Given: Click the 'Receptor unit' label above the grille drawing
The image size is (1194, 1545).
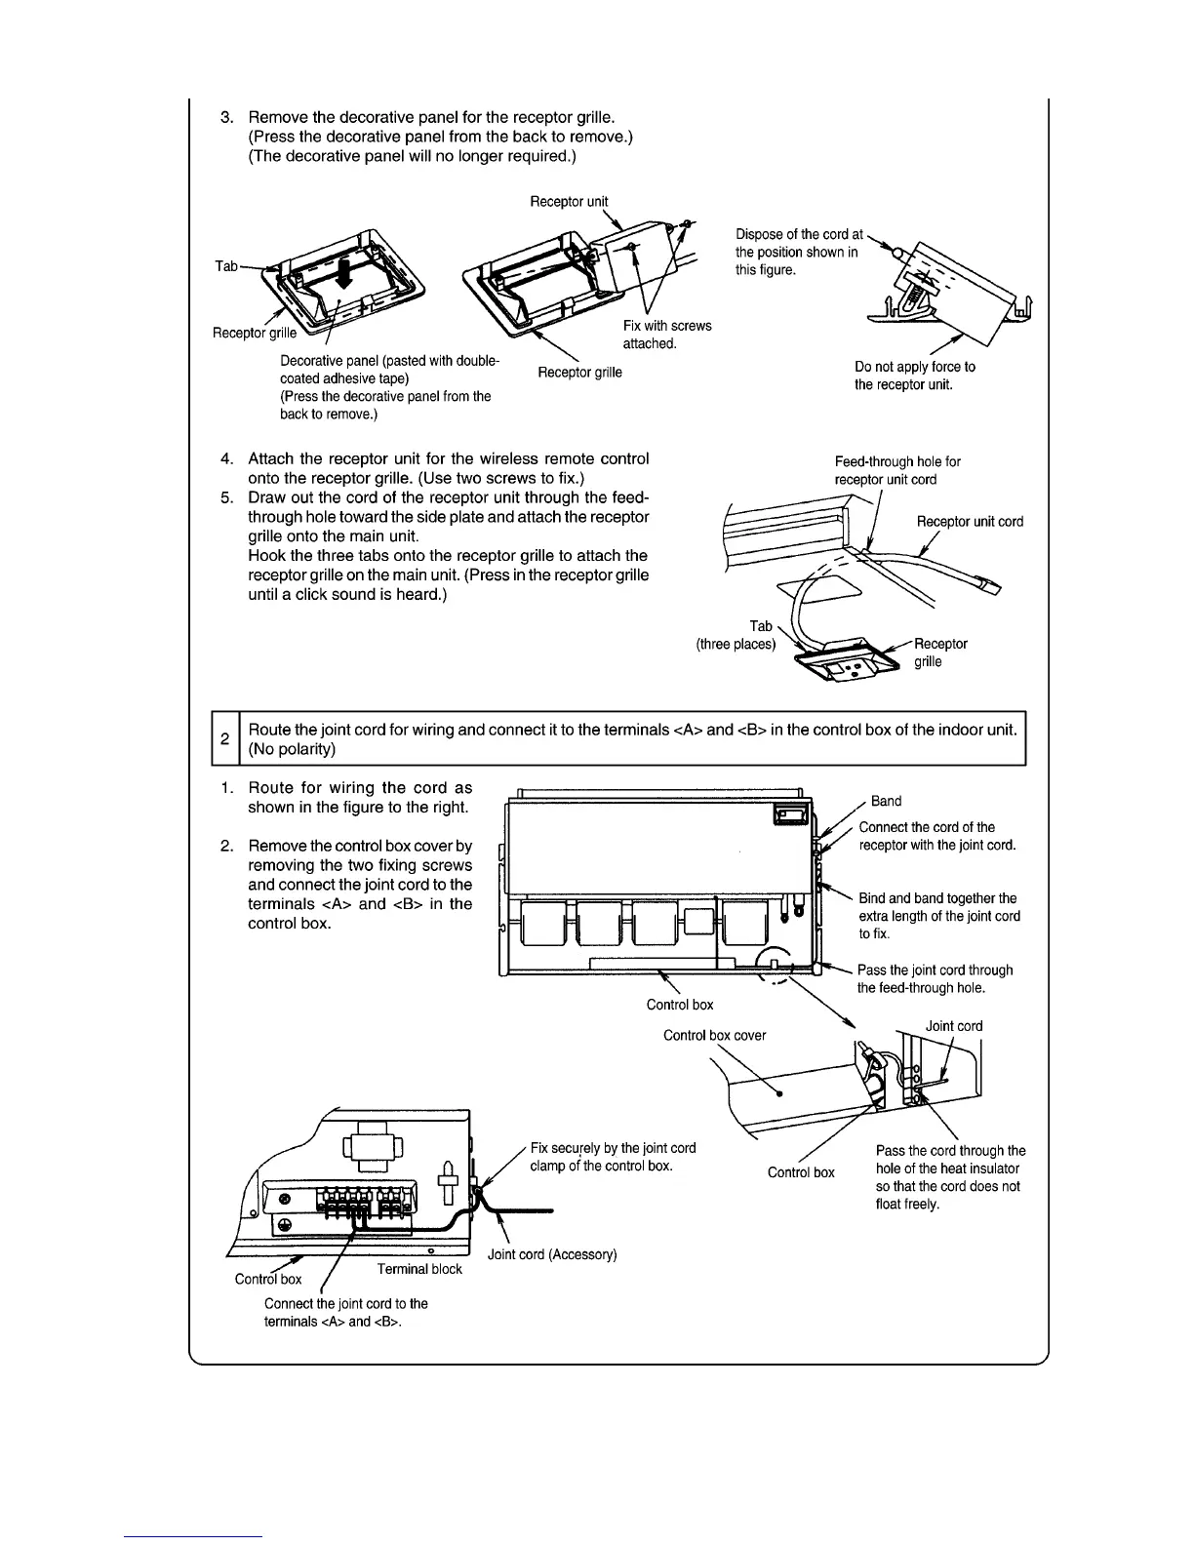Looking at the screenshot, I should pyautogui.click(x=569, y=202).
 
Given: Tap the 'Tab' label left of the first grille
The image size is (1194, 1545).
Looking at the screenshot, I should pyautogui.click(x=226, y=265).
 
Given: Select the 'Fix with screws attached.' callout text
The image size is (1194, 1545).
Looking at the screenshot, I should pyautogui.click(x=667, y=335).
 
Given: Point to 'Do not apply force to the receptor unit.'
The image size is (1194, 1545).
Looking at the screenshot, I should pyautogui.click(x=914, y=376).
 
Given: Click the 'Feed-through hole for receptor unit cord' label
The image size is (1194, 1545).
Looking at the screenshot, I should pyautogui.click(x=897, y=470).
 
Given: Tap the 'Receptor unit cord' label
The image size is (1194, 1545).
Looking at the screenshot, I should pyautogui.click(x=970, y=522).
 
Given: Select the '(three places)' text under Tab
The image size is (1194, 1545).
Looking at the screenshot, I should pyautogui.click(x=736, y=645).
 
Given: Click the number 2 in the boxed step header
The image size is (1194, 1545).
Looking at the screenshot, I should pyautogui.click(x=224, y=739).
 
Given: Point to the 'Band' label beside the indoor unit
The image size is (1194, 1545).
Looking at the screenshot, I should pyautogui.click(x=886, y=801).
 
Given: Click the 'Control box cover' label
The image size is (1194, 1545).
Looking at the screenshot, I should pyautogui.click(x=714, y=1035).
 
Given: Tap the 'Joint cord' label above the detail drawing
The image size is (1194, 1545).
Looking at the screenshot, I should pyautogui.click(x=953, y=1026).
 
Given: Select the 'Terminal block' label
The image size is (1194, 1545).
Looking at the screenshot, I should pyautogui.click(x=419, y=1269).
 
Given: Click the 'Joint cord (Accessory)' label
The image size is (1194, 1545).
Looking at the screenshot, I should pyautogui.click(x=552, y=1254).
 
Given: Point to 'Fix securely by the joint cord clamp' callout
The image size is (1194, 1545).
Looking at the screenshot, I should pyautogui.click(x=613, y=1157).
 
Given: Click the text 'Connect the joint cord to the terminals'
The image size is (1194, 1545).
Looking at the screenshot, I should pyautogui.click(x=345, y=1312).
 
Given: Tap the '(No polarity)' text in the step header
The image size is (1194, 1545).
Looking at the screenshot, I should pyautogui.click(x=292, y=749).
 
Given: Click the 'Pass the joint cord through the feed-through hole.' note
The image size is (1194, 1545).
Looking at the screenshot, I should pyautogui.click(x=935, y=978).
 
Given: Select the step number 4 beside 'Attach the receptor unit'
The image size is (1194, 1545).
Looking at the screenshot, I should pyautogui.click(x=226, y=458).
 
